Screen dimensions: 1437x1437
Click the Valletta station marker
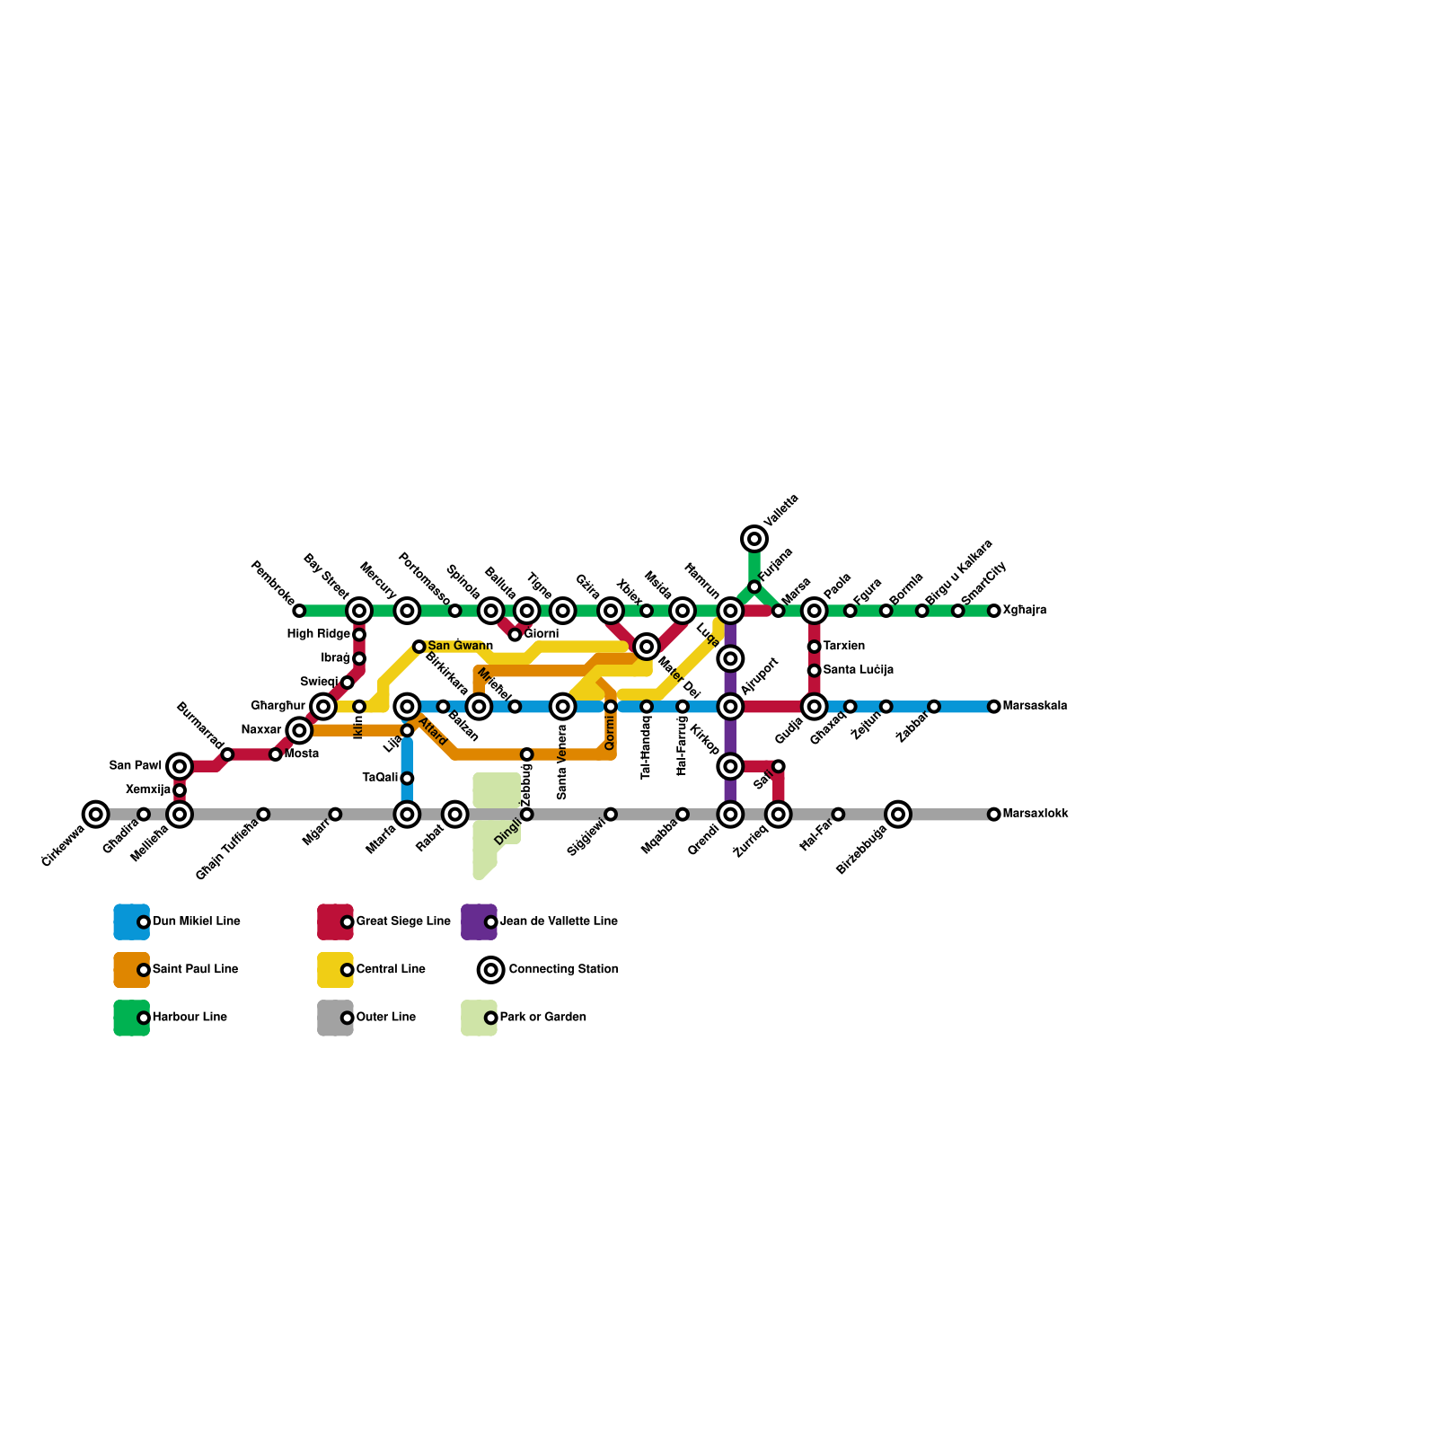coord(754,539)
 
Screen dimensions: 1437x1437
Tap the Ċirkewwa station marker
coord(95,815)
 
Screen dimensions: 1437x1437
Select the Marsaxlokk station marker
coord(993,815)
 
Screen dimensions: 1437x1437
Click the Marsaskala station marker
coord(993,707)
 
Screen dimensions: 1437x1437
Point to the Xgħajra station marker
coord(993,611)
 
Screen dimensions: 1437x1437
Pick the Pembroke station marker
coord(299,611)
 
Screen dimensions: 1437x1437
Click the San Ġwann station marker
coord(419,647)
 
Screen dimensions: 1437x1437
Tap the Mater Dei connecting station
coord(647,647)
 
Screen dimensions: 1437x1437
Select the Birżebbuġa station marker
coord(898,815)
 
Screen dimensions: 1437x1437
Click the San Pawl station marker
coord(180,766)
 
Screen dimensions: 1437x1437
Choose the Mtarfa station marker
coord(407,815)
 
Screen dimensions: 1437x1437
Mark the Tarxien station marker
coord(814,647)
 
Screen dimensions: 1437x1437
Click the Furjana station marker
coord(754,587)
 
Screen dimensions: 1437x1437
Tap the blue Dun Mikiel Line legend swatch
coord(131,921)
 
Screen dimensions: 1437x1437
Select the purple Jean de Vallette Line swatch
coord(479,921)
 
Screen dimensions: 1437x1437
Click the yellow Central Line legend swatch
coord(335,970)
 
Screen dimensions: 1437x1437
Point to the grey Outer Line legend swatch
coord(335,1018)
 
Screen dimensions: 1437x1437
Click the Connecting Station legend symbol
coord(490,970)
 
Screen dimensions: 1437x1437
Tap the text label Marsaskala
coord(1035,706)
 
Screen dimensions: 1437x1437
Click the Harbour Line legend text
coord(190,1018)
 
